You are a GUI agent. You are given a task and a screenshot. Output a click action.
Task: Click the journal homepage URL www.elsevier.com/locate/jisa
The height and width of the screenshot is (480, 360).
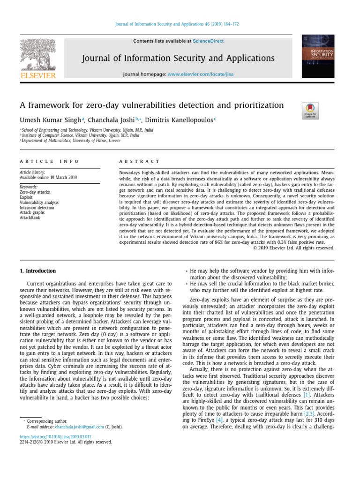(x=200, y=74)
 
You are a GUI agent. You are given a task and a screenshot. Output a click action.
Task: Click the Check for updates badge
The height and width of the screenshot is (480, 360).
(x=310, y=111)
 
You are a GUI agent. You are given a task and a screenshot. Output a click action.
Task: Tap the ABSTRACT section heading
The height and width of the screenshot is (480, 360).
(x=139, y=161)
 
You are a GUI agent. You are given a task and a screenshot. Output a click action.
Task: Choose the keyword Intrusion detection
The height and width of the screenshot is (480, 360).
(x=37, y=207)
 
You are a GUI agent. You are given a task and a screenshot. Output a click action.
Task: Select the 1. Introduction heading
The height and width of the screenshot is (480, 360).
(x=37, y=271)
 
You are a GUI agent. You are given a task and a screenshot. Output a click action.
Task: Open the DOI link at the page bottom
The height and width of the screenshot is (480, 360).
(x=55, y=436)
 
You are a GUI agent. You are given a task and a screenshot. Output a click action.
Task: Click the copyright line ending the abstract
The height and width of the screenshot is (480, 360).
(x=294, y=248)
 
